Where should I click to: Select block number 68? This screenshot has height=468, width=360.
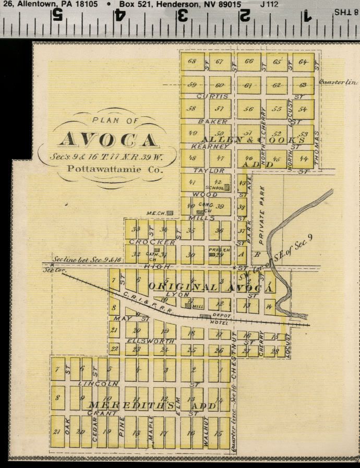click(x=192, y=62)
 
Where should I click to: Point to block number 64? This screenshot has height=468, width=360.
click(x=303, y=62)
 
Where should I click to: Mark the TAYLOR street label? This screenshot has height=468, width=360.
click(x=209, y=171)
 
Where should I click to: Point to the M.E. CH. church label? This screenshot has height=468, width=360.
click(x=155, y=213)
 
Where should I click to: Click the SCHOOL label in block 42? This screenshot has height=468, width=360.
click(x=214, y=187)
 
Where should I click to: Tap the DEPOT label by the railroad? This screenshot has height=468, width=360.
click(x=220, y=316)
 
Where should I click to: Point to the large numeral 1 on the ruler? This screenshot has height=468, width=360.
click(x=307, y=16)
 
